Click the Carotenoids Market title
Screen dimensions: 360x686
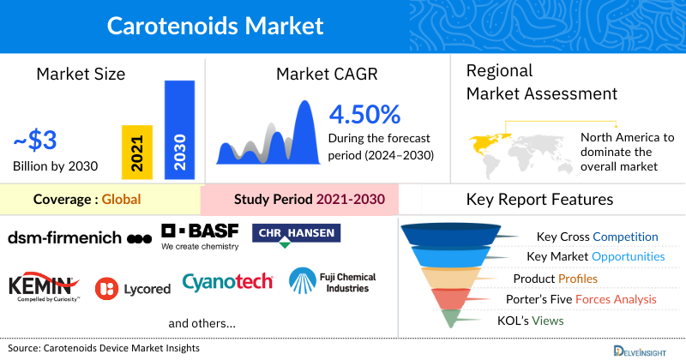[215, 24]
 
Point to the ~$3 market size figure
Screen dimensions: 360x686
[35, 140]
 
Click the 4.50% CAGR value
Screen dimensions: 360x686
[364, 114]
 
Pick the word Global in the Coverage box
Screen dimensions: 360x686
[121, 201]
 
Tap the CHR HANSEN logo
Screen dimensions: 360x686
[297, 234]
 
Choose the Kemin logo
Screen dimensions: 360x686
[44, 287]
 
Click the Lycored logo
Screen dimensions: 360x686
[133, 289]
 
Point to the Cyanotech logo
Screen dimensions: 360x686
[227, 282]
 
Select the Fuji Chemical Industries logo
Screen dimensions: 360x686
[332, 281]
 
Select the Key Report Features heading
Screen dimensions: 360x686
[539, 200]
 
